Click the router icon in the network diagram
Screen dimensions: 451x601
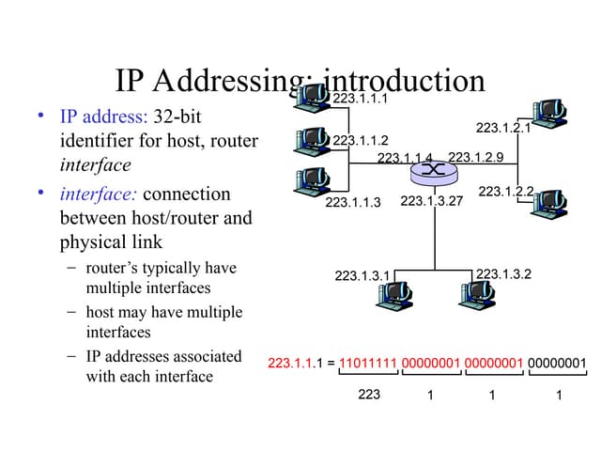[433, 170]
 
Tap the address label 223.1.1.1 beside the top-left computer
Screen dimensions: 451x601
[361, 98]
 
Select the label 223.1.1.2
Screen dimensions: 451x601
[361, 140]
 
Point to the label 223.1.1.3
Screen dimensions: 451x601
[353, 202]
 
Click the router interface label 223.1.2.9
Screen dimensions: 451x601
[476, 157]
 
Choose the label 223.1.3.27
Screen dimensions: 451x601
[432, 201]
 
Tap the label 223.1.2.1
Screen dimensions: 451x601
[503, 129]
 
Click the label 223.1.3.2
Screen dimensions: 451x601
[503, 273]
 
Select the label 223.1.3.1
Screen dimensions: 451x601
[362, 275]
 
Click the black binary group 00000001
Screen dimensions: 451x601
[557, 363]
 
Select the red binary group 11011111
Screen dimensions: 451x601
[368, 363]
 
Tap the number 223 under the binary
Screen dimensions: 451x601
[369, 395]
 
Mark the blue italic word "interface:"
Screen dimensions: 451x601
[99, 194]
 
